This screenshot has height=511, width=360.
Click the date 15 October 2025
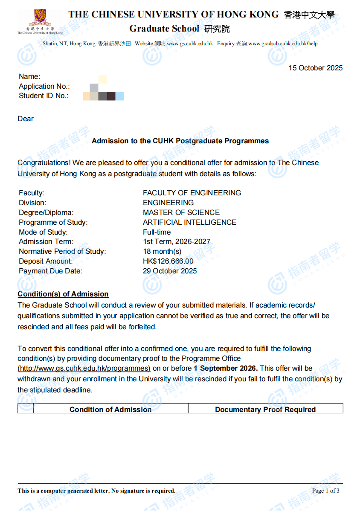pos(315,68)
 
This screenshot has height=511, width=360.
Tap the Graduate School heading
pos(164,29)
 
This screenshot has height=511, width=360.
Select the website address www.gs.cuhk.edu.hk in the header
pos(190,44)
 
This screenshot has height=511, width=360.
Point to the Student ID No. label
pos(44,96)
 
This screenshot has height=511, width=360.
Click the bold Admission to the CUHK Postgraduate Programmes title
pos(180,141)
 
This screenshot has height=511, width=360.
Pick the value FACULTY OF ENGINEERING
pos(192,193)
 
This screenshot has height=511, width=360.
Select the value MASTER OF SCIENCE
pos(181,212)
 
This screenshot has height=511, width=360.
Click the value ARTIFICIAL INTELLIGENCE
pos(189,222)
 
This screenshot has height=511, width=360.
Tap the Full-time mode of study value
pos(157,232)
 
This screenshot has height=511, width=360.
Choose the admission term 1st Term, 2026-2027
pos(177,242)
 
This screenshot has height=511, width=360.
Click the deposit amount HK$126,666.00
pos(168,261)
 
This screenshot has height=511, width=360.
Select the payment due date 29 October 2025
pos(170,271)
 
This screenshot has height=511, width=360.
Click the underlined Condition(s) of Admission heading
pos(63,294)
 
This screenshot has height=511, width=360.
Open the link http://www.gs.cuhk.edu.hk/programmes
pos(84,368)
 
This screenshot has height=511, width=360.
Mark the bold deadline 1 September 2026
pos(226,368)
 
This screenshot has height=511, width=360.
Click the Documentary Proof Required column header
pos(265,409)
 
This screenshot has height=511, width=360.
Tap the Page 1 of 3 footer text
pos(326,491)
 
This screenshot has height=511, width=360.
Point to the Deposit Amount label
pos(46,261)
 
